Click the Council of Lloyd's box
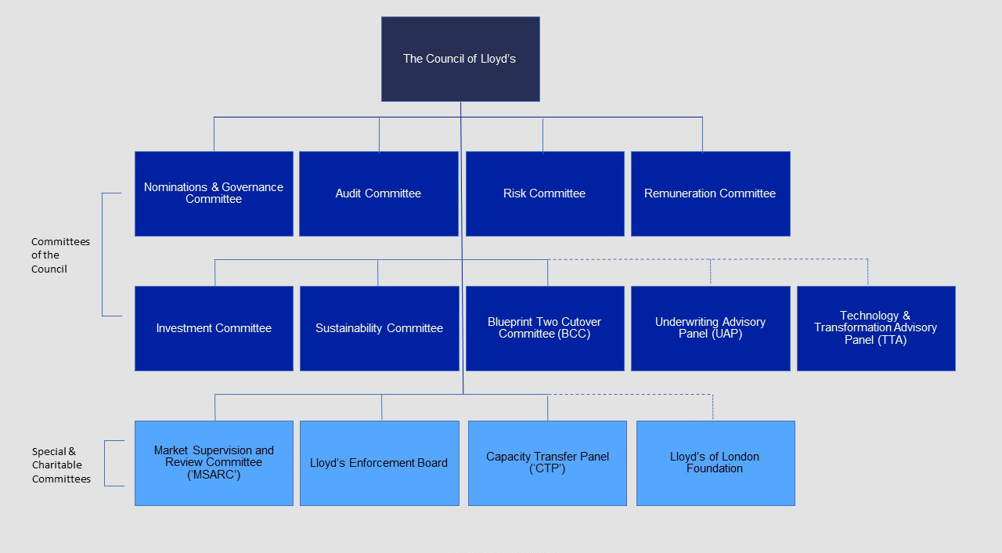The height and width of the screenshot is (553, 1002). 460,59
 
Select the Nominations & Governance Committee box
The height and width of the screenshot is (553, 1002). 214,193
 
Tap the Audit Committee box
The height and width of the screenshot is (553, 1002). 378,193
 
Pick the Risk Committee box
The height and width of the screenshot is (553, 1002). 545,193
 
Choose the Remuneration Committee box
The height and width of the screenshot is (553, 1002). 710,193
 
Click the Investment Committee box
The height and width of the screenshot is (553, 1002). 214,328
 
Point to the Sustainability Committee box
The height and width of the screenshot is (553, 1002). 379,328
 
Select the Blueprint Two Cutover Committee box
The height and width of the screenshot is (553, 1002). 545,328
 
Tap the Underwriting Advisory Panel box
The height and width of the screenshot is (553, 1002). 710,328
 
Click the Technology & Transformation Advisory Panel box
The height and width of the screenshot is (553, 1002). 876,328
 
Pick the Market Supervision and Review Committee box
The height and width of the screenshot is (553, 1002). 214,463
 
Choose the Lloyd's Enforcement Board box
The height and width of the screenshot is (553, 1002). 379,463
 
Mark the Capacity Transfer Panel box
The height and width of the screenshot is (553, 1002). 547,463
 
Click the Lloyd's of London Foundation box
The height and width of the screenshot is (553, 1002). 715,463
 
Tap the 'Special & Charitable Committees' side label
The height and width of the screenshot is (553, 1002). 61,465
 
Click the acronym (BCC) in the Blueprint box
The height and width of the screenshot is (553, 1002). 574,334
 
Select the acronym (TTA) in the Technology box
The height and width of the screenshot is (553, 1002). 891,340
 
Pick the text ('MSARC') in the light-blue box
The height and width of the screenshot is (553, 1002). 214,475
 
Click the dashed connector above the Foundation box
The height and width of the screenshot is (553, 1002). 712,407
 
